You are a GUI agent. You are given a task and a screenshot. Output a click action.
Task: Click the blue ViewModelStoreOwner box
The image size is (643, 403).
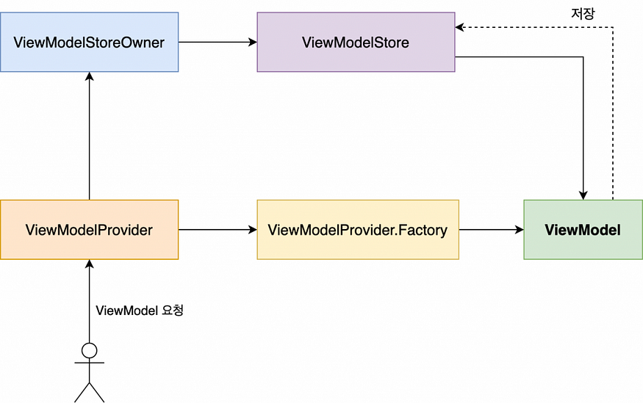(90, 42)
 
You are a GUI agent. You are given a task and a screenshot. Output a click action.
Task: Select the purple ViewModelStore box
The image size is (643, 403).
(356, 42)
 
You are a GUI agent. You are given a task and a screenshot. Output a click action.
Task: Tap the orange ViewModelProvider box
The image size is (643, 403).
(90, 230)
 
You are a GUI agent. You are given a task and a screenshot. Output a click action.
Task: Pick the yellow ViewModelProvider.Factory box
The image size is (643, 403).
(358, 230)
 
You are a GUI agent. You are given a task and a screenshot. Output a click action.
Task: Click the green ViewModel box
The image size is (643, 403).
(583, 230)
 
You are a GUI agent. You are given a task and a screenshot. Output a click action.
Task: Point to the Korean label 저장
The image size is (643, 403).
(583, 13)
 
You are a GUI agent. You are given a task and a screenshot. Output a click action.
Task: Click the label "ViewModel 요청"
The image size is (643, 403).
(140, 311)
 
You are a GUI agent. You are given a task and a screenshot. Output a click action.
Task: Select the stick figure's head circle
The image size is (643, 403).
(90, 351)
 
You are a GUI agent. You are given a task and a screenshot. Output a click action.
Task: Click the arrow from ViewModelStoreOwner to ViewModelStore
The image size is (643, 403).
(218, 42)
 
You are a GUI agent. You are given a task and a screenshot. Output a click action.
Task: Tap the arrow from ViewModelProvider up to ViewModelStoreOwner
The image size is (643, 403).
(90, 136)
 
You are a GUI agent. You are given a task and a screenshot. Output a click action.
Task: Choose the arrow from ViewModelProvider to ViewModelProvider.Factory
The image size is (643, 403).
(218, 230)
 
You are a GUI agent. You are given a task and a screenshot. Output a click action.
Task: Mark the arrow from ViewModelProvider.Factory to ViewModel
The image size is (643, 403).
(492, 230)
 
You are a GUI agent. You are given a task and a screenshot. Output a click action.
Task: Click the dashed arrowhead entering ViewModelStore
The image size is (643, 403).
(459, 27)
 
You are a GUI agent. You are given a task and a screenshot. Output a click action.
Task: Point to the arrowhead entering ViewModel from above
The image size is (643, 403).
(583, 195)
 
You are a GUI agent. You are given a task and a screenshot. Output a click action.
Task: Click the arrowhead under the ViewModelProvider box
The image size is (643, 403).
(90, 264)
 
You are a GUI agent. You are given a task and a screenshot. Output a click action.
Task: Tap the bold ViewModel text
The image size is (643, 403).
(583, 230)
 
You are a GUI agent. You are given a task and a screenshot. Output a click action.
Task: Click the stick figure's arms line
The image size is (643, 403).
(90, 363)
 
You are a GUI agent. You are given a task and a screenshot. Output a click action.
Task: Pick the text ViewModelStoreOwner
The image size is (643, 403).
(89, 43)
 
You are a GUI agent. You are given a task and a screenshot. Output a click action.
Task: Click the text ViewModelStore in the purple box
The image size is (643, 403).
(356, 43)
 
